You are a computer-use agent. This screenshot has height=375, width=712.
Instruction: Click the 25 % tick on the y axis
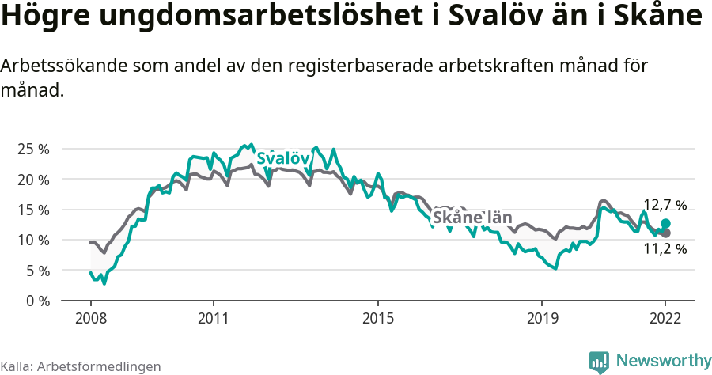[33, 149]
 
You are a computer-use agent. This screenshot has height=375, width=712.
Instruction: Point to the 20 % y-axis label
[33, 180]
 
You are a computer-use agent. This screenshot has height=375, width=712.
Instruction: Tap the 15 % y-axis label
[33, 210]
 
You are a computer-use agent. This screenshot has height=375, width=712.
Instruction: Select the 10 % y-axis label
[33, 240]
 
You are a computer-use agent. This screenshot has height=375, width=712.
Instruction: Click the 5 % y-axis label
[36, 271]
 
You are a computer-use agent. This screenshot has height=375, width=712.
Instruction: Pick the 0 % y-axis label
[36, 301]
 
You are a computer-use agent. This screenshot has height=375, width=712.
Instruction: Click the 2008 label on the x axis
[91, 318]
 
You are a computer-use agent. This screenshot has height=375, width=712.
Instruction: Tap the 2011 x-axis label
[214, 318]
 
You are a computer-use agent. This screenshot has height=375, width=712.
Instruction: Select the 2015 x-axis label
[378, 318]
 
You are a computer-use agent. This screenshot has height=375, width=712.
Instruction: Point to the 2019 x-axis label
[542, 318]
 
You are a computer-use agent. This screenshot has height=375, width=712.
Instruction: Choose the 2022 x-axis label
[665, 318]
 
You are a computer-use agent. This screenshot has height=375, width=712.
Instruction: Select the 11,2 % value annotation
[665, 249]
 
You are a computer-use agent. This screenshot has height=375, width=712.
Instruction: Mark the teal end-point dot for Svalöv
[666, 224]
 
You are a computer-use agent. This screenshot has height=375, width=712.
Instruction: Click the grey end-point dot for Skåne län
[666, 233]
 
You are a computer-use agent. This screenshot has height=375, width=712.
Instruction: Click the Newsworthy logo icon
[599, 362]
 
